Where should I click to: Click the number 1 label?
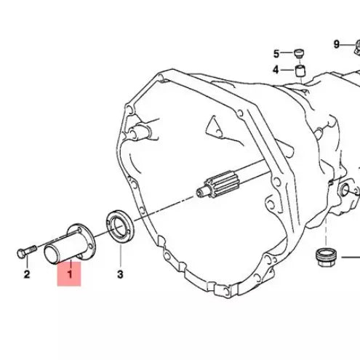pos(70,274)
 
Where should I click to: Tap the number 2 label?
pos(26,274)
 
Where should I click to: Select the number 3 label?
pos(120,274)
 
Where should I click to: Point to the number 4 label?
pos(276,70)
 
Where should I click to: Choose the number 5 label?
pos(276,54)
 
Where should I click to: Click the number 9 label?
pos(337,44)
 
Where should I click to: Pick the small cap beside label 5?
pos(298,52)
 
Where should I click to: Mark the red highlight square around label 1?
pos(70,275)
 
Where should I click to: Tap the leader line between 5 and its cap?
pos(287,53)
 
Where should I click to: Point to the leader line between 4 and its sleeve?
pos(287,70)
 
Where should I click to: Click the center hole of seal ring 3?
pos(117,223)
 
